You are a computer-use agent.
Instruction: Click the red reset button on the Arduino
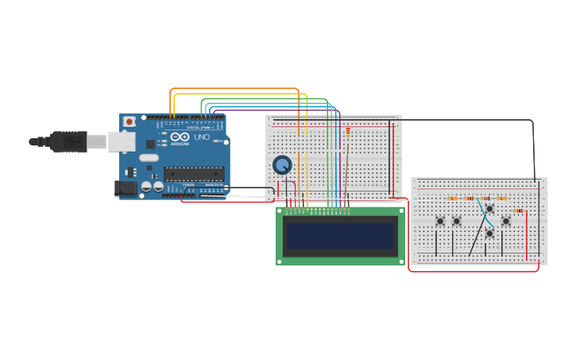tap(129, 122)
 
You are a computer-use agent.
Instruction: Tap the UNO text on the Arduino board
tap(202, 137)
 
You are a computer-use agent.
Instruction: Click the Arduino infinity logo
tap(180, 137)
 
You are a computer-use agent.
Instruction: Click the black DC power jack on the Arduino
tap(125, 188)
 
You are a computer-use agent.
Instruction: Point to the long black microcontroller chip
tap(193, 173)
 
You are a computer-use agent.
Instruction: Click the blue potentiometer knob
tap(281, 165)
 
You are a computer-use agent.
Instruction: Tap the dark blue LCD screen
tap(340, 235)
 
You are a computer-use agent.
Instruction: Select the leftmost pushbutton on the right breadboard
tap(439, 221)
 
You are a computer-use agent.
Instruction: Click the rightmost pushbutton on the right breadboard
tap(505, 221)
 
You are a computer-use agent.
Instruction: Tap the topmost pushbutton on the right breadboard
tap(489, 208)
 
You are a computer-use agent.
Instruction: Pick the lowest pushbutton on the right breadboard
tap(489, 233)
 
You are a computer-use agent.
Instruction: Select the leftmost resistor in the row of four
tap(452, 199)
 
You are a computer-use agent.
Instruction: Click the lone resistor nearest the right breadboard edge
tap(518, 211)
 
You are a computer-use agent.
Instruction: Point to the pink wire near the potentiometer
tap(295, 191)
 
